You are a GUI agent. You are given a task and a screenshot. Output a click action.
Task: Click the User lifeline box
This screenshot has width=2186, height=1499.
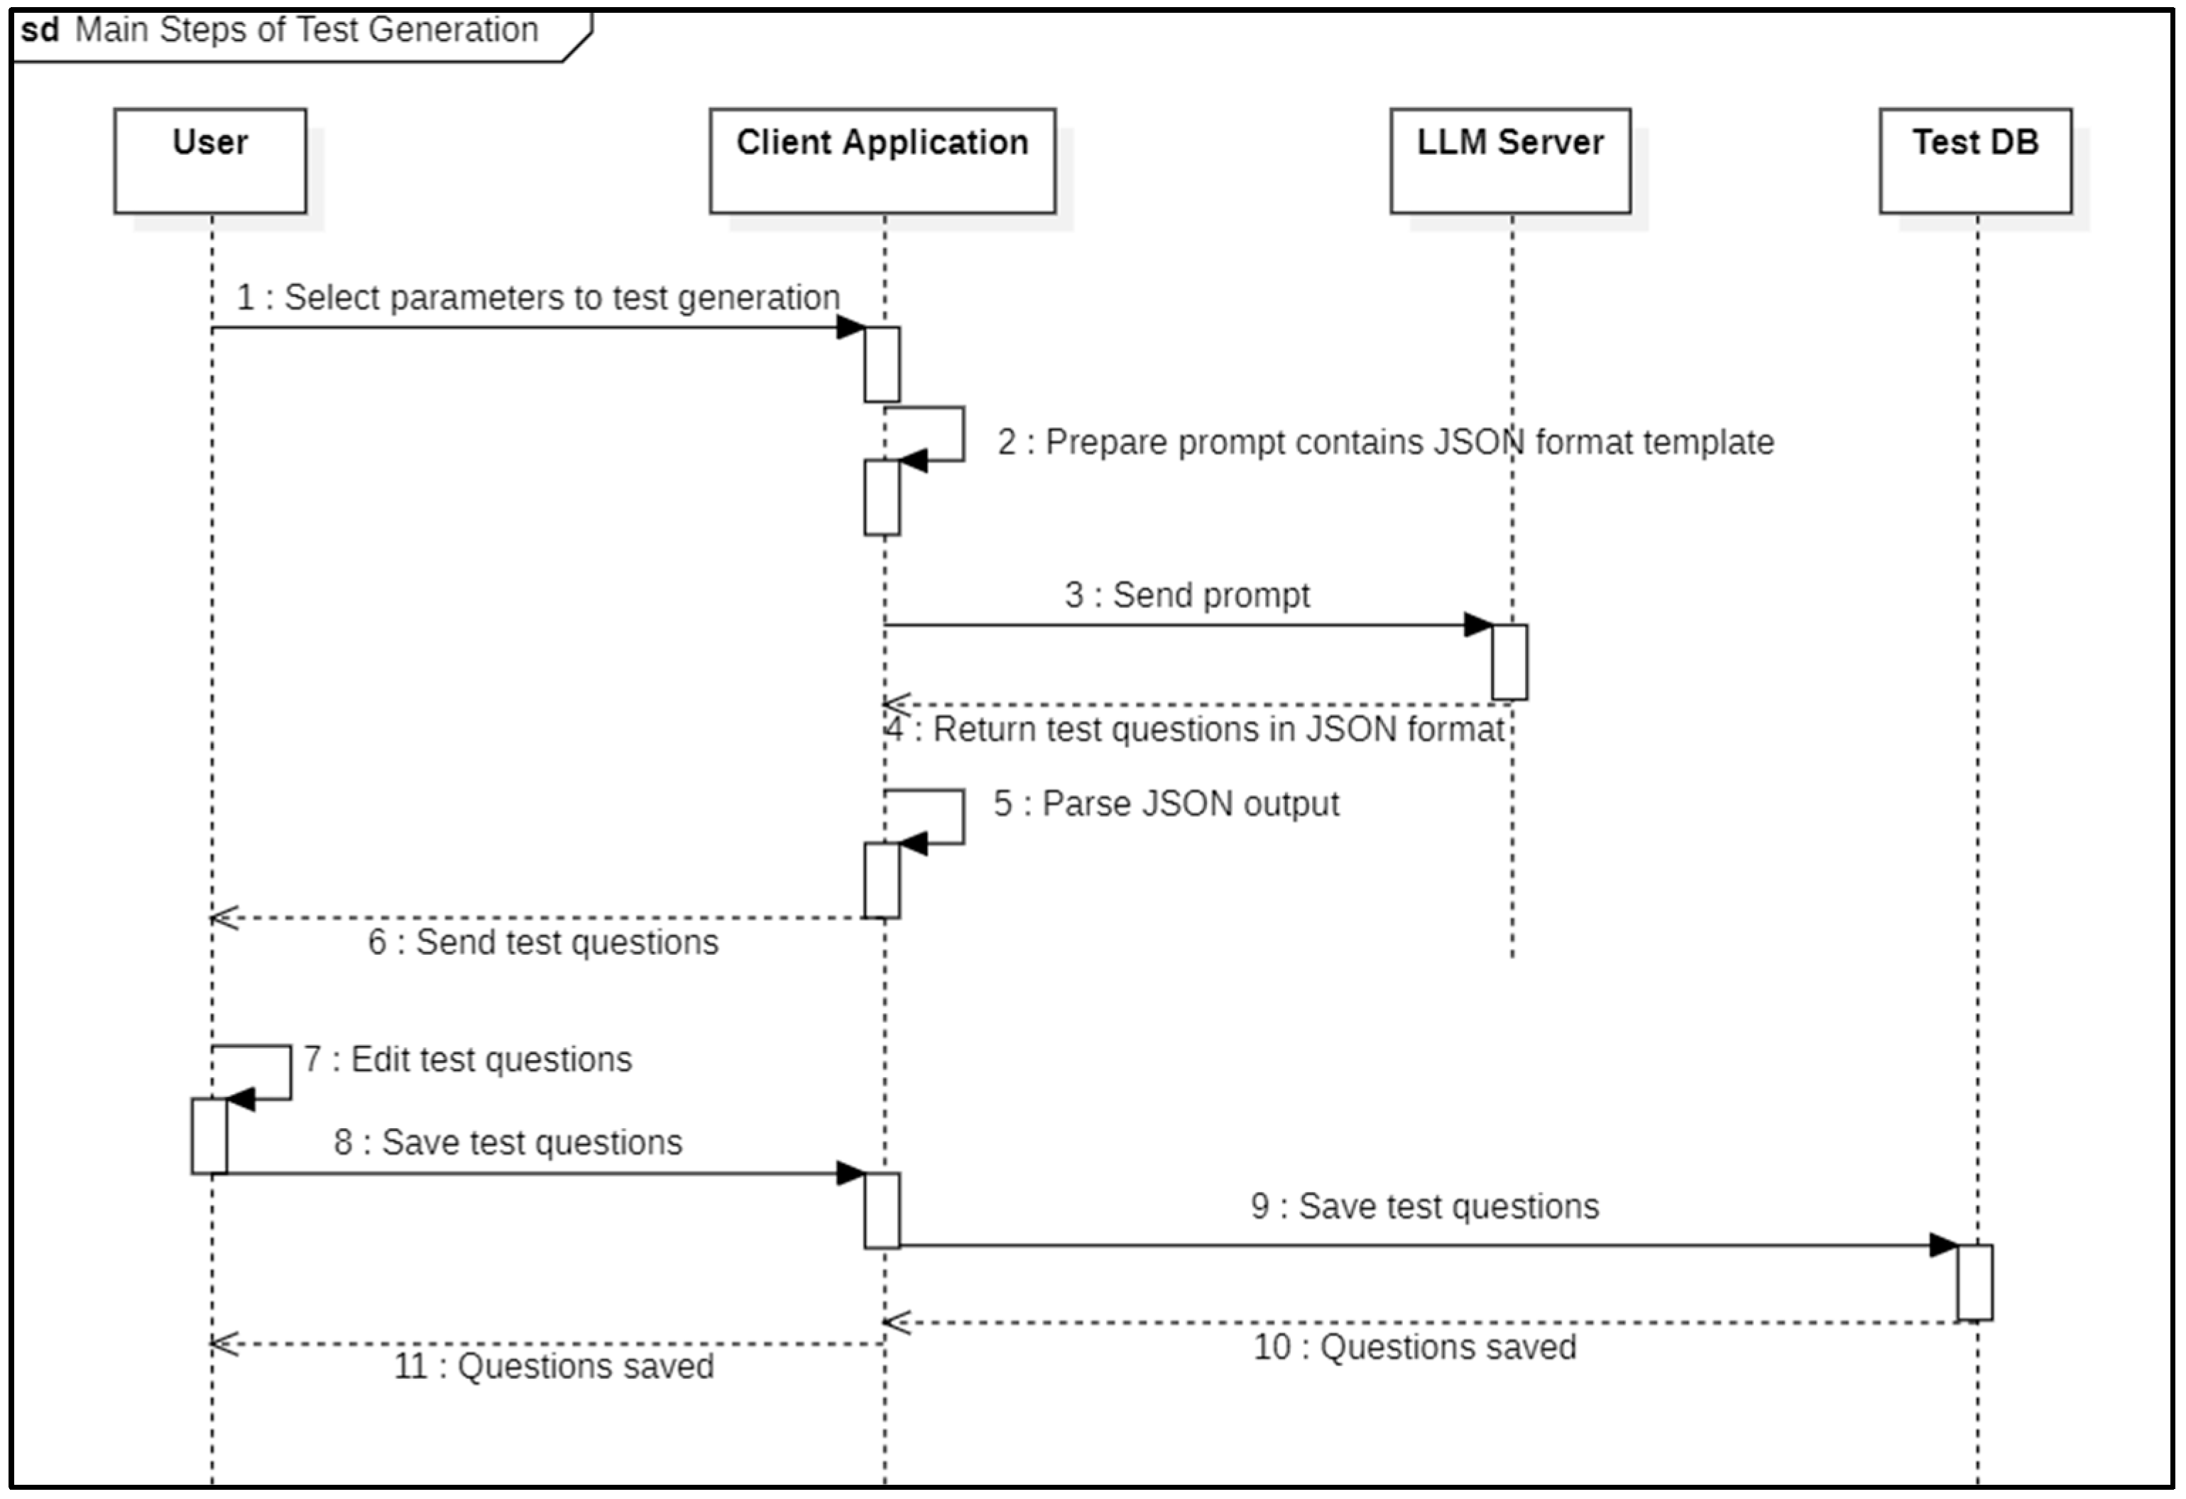209,160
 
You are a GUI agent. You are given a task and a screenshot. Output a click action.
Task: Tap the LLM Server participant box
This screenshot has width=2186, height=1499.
1509,160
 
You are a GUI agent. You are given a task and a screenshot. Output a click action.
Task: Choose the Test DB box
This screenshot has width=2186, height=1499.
1975,160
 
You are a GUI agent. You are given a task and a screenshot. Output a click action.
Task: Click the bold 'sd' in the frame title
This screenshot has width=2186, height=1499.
40,30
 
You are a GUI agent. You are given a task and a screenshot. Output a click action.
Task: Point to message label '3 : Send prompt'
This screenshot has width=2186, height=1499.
1186,595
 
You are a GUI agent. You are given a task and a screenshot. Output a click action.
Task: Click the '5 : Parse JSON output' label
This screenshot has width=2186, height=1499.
1166,803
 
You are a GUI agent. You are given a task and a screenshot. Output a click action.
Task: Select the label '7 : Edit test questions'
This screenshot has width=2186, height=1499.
467,1059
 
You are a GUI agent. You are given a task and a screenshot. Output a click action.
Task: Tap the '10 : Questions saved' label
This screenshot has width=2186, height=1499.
1414,1346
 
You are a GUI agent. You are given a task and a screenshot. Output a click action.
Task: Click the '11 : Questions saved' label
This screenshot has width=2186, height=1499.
553,1366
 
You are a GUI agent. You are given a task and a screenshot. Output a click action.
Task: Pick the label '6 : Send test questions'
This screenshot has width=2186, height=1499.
542,942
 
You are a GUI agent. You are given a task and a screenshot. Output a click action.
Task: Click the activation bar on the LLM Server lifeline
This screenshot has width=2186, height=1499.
1509,661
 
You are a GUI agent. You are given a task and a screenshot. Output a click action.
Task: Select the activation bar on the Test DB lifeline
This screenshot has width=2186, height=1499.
1974,1282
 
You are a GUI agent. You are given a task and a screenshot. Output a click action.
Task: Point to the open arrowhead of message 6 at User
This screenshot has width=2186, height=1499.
224,917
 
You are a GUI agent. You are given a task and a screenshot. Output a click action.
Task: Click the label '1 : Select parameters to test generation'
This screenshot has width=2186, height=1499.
537,298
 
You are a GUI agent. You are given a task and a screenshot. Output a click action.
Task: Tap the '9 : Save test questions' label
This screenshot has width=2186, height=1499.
1424,1206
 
